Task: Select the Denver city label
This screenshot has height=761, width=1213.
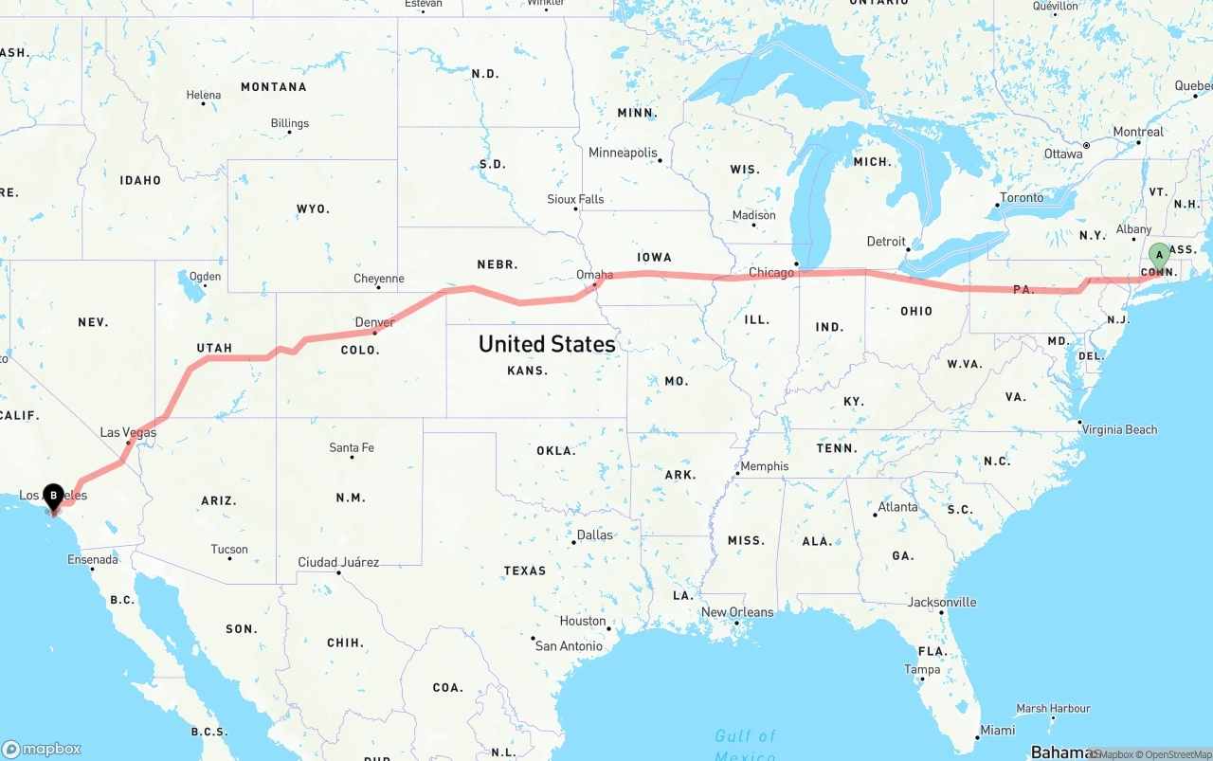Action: [x=374, y=322]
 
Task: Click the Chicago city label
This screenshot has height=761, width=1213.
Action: [x=771, y=273]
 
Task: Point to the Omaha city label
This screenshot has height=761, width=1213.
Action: [x=595, y=275]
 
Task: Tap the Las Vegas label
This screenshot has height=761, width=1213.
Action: [x=128, y=433]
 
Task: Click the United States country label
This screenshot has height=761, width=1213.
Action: [x=547, y=343]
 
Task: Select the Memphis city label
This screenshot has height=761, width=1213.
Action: [x=764, y=466]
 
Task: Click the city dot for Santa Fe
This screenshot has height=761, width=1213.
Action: [x=352, y=458]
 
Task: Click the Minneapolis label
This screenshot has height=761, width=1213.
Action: [x=623, y=153]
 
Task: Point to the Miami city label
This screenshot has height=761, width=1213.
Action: [x=997, y=730]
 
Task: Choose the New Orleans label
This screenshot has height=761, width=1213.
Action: [x=737, y=612]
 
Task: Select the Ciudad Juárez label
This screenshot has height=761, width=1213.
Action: [x=338, y=562]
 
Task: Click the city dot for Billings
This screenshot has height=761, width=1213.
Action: [x=289, y=133]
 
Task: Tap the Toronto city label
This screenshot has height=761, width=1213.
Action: [x=1022, y=197]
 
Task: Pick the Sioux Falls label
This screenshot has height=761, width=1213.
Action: [x=575, y=199]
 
